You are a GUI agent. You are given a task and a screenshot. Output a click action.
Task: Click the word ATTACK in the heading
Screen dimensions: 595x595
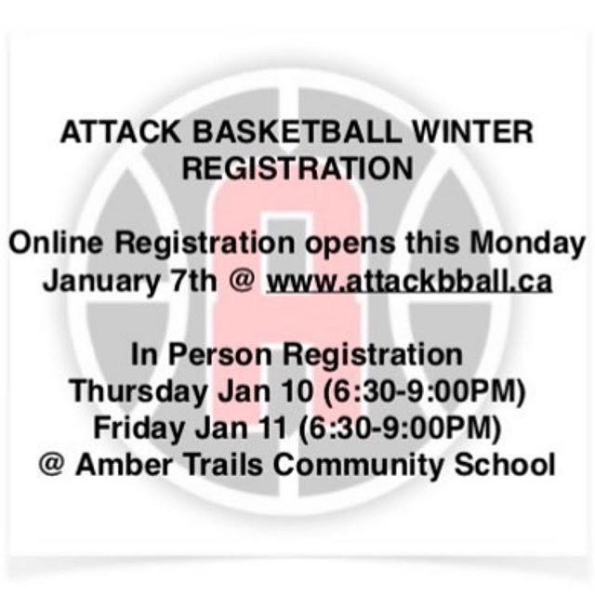120,132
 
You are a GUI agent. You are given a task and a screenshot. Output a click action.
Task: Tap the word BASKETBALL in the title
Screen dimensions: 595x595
297,132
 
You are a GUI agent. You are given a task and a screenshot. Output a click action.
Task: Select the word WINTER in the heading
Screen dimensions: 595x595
473,132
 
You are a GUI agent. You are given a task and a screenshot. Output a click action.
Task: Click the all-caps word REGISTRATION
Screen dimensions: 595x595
297,168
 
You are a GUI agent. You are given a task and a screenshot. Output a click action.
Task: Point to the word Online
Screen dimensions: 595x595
56,243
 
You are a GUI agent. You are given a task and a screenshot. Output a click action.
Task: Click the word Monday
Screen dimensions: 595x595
528,245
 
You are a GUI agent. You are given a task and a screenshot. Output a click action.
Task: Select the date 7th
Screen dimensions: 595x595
194,280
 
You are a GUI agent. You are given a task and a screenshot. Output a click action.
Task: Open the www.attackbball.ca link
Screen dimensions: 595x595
408,281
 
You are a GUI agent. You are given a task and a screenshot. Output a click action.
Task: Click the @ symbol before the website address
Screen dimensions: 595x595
242,281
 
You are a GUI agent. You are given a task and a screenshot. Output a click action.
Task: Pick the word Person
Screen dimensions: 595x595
220,354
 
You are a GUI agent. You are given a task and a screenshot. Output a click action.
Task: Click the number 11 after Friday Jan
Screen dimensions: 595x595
273,428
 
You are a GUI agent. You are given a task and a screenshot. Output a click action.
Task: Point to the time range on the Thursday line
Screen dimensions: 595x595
424,391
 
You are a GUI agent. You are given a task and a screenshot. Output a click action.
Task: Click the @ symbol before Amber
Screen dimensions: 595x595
51,465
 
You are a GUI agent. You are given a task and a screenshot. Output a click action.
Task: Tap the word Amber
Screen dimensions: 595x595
124,465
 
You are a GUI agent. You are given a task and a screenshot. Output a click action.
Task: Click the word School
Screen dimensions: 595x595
505,465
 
